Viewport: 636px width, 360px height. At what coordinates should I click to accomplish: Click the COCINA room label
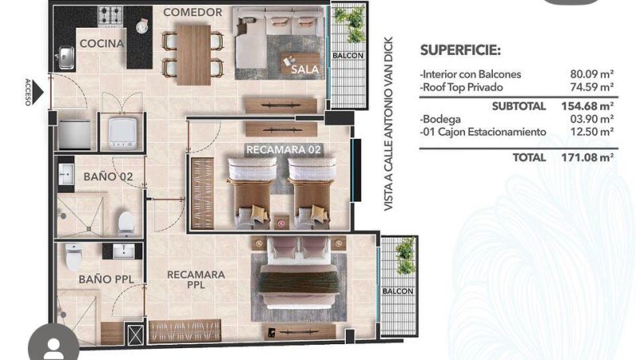point(102,44)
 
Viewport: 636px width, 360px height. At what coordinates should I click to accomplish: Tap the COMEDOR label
point(192,12)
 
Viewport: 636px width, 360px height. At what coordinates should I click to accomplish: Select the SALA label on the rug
point(304,69)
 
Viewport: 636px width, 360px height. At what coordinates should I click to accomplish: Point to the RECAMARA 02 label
point(284,149)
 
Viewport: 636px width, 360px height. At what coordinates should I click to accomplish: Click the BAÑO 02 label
point(108,176)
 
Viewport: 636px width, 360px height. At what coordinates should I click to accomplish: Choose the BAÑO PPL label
point(107,279)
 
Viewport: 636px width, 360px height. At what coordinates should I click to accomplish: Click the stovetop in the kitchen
point(111,16)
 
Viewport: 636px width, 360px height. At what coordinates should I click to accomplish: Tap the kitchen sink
point(65,56)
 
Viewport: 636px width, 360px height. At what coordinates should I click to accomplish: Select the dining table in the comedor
point(194,55)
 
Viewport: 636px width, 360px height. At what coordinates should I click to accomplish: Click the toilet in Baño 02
point(126,224)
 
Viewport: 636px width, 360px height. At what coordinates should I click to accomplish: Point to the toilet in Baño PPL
point(73,257)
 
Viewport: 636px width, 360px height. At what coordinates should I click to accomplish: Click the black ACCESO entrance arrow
point(37,92)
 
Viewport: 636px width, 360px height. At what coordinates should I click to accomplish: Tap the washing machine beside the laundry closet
point(122,132)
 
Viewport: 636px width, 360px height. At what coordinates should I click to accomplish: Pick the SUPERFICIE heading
point(460,50)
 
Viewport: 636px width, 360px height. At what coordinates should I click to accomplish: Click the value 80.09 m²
point(591,74)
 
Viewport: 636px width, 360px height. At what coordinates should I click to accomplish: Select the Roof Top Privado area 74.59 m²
point(591,87)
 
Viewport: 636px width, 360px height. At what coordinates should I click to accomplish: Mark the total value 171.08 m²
point(588,157)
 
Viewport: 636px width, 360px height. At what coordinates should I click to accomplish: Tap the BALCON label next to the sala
point(348,56)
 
